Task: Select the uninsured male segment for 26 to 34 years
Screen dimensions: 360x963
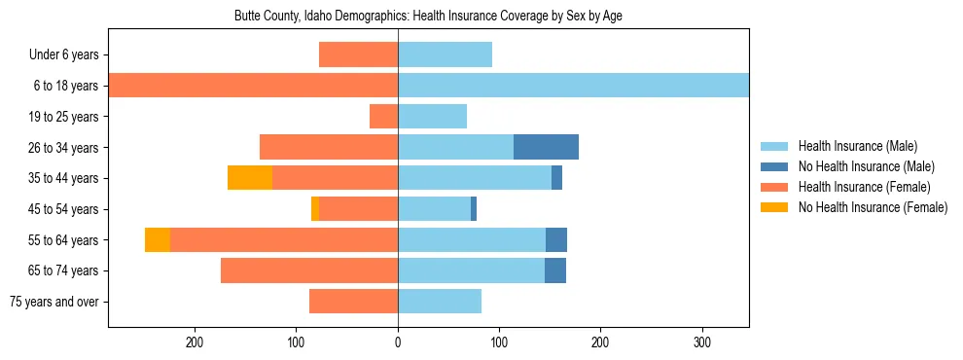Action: point(546,147)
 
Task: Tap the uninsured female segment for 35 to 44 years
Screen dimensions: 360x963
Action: point(250,178)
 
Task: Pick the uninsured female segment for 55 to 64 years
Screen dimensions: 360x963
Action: point(158,239)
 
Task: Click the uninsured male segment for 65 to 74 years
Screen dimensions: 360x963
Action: point(555,270)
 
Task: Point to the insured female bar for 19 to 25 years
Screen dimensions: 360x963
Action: point(384,117)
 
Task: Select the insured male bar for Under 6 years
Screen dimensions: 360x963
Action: point(445,54)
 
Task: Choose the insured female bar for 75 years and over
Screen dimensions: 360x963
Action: point(353,302)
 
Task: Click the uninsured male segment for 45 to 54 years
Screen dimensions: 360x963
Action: point(474,209)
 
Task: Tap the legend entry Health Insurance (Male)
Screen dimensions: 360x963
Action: point(857,146)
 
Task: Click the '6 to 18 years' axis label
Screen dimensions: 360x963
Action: point(65,86)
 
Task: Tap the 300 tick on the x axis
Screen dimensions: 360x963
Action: point(702,342)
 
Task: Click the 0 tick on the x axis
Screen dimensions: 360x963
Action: point(398,342)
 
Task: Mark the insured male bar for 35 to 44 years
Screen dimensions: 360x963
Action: point(475,178)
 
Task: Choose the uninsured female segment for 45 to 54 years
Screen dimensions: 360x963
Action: point(315,209)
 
